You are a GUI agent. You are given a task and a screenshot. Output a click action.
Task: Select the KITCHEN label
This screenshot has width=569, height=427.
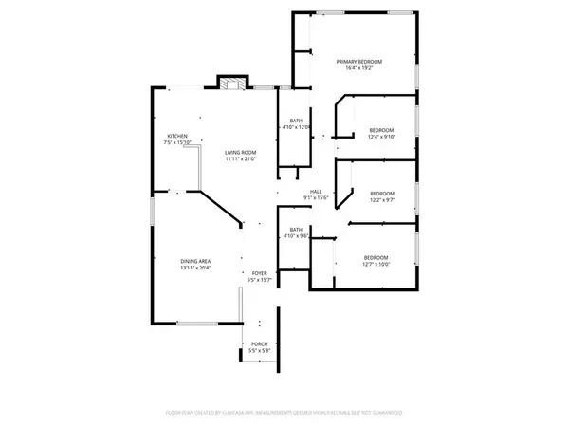177,136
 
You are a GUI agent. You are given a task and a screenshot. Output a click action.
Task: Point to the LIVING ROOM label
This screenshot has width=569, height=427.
242,152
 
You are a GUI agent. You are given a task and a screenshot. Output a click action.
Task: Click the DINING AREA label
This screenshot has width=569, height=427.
196,261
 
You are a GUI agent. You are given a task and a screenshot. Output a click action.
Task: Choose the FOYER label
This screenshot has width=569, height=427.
259,273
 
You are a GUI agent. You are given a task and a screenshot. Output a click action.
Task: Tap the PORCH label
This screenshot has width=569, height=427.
259,343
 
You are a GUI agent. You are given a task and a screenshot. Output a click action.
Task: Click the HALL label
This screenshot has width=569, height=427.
316,190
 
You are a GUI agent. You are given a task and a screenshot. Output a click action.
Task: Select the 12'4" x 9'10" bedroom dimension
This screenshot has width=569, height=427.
380,137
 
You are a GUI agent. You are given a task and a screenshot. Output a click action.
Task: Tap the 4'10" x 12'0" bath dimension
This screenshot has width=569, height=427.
297,127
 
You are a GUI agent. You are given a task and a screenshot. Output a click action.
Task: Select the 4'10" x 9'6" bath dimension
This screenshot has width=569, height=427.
296,236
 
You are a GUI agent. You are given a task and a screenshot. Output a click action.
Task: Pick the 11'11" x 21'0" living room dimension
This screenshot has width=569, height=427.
242,159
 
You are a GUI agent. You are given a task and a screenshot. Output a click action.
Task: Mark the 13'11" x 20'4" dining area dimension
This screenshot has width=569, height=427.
196,269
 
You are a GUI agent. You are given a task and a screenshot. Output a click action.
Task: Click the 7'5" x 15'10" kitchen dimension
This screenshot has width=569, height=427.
177,143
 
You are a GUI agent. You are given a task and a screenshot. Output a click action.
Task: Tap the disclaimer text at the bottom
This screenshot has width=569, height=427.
284,414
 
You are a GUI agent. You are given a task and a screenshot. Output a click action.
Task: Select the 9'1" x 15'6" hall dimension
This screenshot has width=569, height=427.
316,197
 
